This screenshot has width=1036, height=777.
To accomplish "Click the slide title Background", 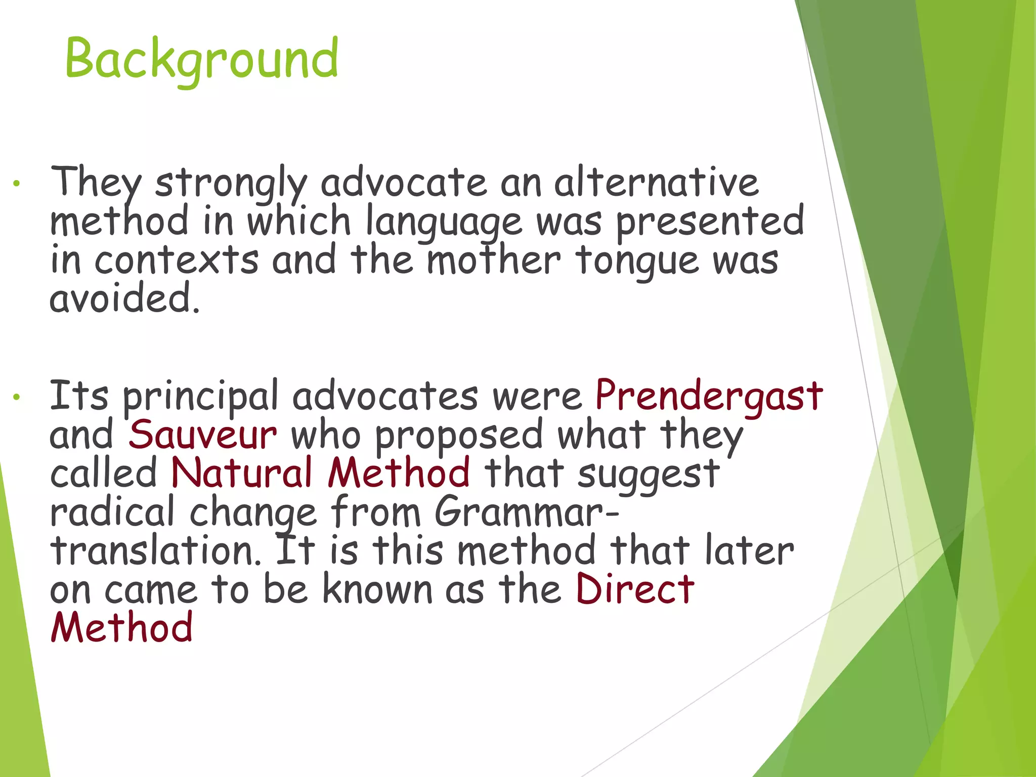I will [201, 60].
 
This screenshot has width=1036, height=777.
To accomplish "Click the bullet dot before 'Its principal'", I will [17, 398].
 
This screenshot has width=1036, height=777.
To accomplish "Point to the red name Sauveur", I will [202, 435].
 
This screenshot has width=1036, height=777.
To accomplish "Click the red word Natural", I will [241, 473].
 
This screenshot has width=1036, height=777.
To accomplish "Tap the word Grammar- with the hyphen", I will [526, 512].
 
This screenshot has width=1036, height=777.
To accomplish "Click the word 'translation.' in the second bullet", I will [156, 551].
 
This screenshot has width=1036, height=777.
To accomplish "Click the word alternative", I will [656, 182].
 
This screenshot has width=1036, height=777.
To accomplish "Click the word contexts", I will [177, 261].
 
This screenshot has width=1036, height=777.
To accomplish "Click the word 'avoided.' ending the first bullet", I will [124, 298].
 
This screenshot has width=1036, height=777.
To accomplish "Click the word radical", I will [112, 512].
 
